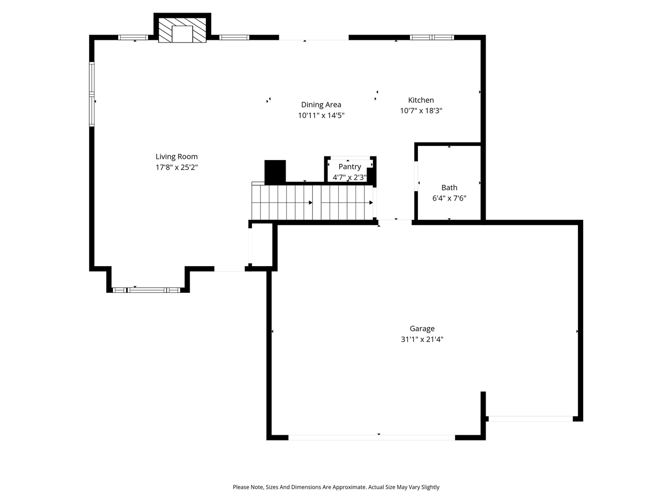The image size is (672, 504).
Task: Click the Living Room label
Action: [x=176, y=156]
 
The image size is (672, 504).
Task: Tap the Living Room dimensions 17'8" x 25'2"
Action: [x=176, y=167]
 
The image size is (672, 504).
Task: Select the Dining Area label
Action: [x=321, y=104]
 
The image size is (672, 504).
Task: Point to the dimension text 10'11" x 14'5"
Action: [x=321, y=115]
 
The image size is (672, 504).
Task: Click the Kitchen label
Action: [x=421, y=100]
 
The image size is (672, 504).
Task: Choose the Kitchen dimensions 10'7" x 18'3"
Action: [x=421, y=111]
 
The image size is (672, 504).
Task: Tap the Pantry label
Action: [x=350, y=166]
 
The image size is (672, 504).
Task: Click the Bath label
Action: [x=449, y=187]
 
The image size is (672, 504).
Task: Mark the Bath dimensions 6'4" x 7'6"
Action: [x=449, y=198]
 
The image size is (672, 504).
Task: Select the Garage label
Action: [x=422, y=329]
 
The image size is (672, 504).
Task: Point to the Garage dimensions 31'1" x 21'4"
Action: [x=422, y=340]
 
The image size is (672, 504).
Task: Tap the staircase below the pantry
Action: [x=312, y=202]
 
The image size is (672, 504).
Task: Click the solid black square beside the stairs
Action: [x=275, y=171]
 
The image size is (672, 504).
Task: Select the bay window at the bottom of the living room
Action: [x=147, y=290]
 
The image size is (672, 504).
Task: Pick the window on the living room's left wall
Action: [x=92, y=94]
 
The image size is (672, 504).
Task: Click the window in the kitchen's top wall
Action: [x=432, y=37]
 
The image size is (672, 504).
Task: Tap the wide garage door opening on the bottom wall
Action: [x=371, y=437]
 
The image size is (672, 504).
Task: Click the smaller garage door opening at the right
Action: [x=530, y=418]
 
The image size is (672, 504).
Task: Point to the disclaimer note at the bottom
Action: [x=336, y=487]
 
